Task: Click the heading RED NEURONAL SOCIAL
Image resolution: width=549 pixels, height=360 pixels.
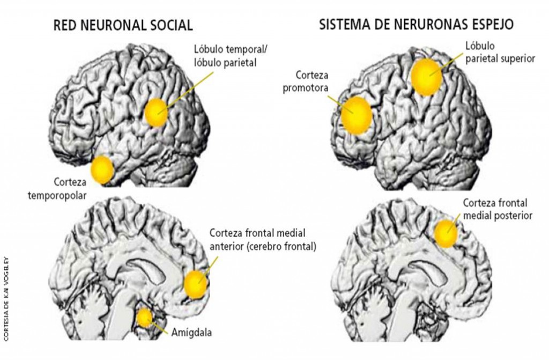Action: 123,26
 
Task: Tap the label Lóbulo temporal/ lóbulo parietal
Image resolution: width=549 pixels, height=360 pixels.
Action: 231,56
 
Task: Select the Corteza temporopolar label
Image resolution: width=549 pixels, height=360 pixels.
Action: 57,189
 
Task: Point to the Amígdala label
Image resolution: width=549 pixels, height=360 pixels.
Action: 191,332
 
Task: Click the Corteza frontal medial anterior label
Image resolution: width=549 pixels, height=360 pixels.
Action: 263,240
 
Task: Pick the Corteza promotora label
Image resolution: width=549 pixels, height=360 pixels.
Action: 305,82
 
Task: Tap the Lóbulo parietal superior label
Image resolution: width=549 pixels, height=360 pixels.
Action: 500,52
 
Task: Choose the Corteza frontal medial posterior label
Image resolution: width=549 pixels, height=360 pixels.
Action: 498,209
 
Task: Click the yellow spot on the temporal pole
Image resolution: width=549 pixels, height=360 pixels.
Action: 102,170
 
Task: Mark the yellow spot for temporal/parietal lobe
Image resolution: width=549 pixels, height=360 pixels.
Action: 157,113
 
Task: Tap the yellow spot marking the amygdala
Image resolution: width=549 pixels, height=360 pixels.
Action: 144,318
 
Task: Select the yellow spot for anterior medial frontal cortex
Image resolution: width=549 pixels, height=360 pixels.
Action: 196,284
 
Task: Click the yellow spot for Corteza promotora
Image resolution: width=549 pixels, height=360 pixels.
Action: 357,116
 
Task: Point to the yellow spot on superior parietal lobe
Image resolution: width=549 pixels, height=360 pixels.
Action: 426,77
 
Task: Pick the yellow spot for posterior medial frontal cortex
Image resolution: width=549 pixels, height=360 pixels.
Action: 446,234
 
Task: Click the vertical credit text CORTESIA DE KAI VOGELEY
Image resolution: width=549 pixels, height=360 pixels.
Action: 6,300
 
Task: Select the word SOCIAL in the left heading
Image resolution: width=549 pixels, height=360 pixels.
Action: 171,26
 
